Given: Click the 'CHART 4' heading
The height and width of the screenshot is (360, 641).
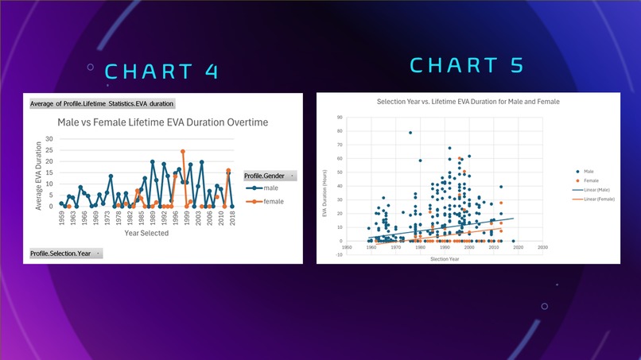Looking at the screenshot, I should (161, 71).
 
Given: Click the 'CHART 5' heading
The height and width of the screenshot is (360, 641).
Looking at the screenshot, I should (467, 64).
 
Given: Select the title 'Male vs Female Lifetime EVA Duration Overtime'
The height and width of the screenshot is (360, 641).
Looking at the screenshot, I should (162, 122).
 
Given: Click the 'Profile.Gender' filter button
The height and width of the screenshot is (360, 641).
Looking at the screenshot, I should (270, 176).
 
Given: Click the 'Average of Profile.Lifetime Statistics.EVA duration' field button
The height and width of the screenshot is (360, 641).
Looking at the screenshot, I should (102, 103).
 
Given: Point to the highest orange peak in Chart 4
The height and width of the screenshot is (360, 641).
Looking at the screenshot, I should (183, 151).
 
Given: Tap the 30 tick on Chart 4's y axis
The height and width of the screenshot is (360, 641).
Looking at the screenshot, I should (49, 138).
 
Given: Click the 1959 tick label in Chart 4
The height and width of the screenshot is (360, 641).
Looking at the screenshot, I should (61, 218).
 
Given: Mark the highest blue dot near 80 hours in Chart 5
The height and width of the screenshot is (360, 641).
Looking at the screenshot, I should (410, 133).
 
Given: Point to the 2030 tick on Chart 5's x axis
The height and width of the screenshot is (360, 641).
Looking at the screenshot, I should (542, 247).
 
